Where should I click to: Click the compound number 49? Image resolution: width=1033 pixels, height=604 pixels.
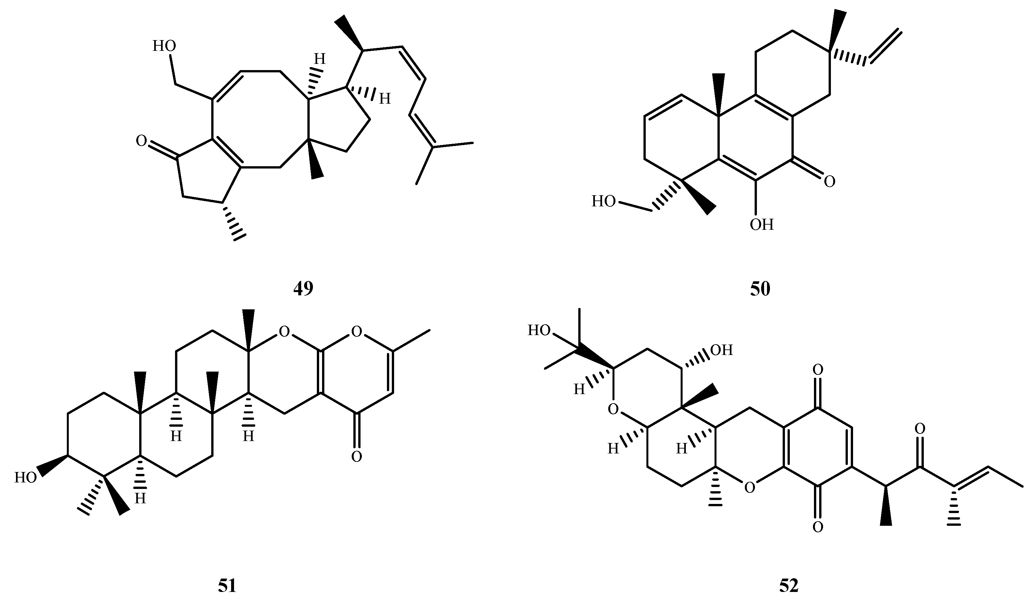(303, 289)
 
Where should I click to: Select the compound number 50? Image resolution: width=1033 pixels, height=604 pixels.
(760, 289)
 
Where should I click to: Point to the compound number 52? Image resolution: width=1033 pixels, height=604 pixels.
(789, 586)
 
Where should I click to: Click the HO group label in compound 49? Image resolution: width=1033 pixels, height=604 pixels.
(164, 46)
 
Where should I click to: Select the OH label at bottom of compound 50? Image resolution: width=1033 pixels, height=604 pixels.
(762, 225)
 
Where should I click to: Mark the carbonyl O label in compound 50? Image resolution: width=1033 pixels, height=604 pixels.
(830, 182)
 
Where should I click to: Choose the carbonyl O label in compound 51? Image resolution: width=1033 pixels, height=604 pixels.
(357, 456)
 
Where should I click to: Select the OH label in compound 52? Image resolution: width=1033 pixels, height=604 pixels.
(721, 350)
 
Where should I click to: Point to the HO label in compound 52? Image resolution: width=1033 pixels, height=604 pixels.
(539, 330)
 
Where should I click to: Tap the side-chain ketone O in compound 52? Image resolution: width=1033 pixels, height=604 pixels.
(920, 429)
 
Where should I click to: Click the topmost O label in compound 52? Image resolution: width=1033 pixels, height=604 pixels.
(818, 370)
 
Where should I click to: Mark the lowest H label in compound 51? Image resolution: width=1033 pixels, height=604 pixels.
(140, 499)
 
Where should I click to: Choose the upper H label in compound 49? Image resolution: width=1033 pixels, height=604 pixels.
(320, 59)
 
